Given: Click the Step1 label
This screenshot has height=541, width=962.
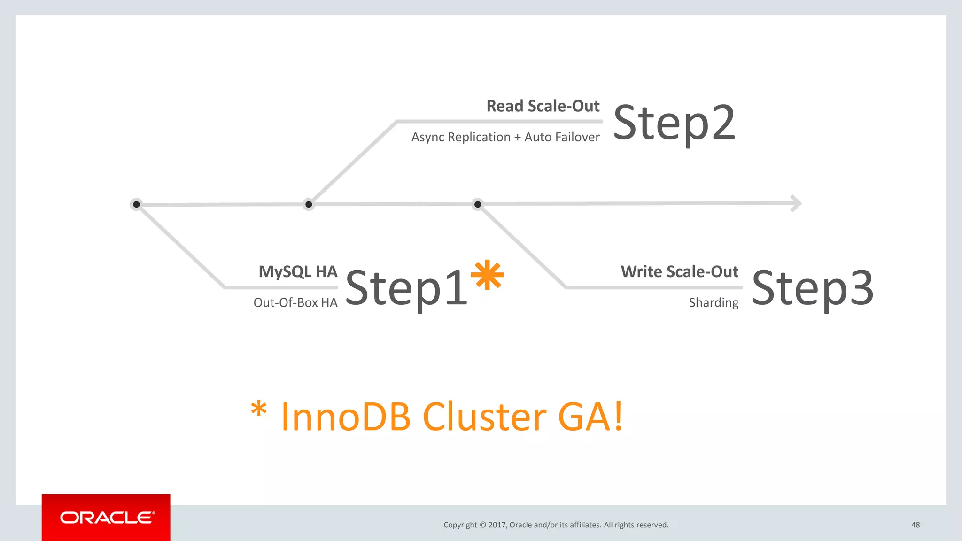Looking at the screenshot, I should click(x=406, y=288).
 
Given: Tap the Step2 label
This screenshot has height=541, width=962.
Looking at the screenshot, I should click(x=674, y=123).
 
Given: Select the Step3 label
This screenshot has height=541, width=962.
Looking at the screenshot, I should click(x=813, y=288).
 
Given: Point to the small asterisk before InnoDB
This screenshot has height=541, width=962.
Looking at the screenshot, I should click(x=258, y=409).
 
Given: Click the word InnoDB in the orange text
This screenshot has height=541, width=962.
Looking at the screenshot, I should click(x=346, y=417).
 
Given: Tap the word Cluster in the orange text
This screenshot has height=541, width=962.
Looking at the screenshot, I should click(x=484, y=417).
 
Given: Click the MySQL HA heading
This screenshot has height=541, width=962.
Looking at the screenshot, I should click(x=298, y=271).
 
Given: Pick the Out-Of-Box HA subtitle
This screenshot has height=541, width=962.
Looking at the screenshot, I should click(x=295, y=302).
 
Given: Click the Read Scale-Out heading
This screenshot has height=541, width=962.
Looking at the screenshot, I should click(x=543, y=106).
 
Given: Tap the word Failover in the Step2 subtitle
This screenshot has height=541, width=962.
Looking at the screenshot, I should click(x=577, y=137).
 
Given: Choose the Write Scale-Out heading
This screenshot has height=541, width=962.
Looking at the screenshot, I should click(x=679, y=271).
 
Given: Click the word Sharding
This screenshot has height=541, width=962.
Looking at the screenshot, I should click(x=714, y=303).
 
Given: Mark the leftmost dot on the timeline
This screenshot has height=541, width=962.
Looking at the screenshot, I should click(x=136, y=204).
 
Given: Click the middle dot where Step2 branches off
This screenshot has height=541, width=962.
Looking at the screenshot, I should click(x=309, y=204).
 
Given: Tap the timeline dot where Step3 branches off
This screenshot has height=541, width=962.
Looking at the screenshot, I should click(x=478, y=204).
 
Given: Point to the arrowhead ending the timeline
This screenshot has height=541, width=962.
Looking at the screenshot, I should click(x=796, y=203).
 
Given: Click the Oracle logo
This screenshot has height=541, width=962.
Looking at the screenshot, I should click(x=106, y=518).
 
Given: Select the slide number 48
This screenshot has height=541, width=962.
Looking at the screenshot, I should click(x=915, y=525).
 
